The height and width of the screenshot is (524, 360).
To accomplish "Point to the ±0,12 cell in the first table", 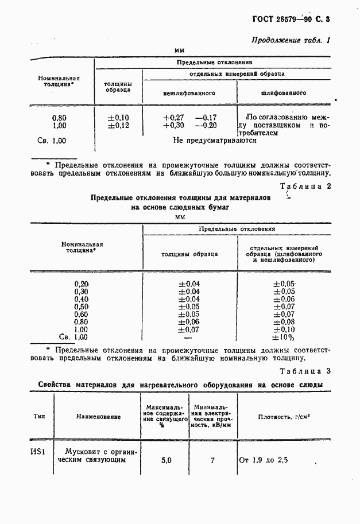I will (x=119, y=126).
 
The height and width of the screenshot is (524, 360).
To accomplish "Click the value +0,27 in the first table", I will (x=173, y=118).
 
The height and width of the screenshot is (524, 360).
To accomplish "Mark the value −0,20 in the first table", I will (x=206, y=126).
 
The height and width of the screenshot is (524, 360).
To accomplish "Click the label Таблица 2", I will (x=304, y=186).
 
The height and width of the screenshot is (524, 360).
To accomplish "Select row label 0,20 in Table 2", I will (x=82, y=284).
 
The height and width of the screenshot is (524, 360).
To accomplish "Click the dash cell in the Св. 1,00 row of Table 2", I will (x=188, y=337).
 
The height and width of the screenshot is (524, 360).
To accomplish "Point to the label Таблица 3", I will (x=304, y=371).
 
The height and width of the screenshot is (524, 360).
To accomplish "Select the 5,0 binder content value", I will (x=166, y=460).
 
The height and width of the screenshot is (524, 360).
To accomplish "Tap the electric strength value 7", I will (x=212, y=460).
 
